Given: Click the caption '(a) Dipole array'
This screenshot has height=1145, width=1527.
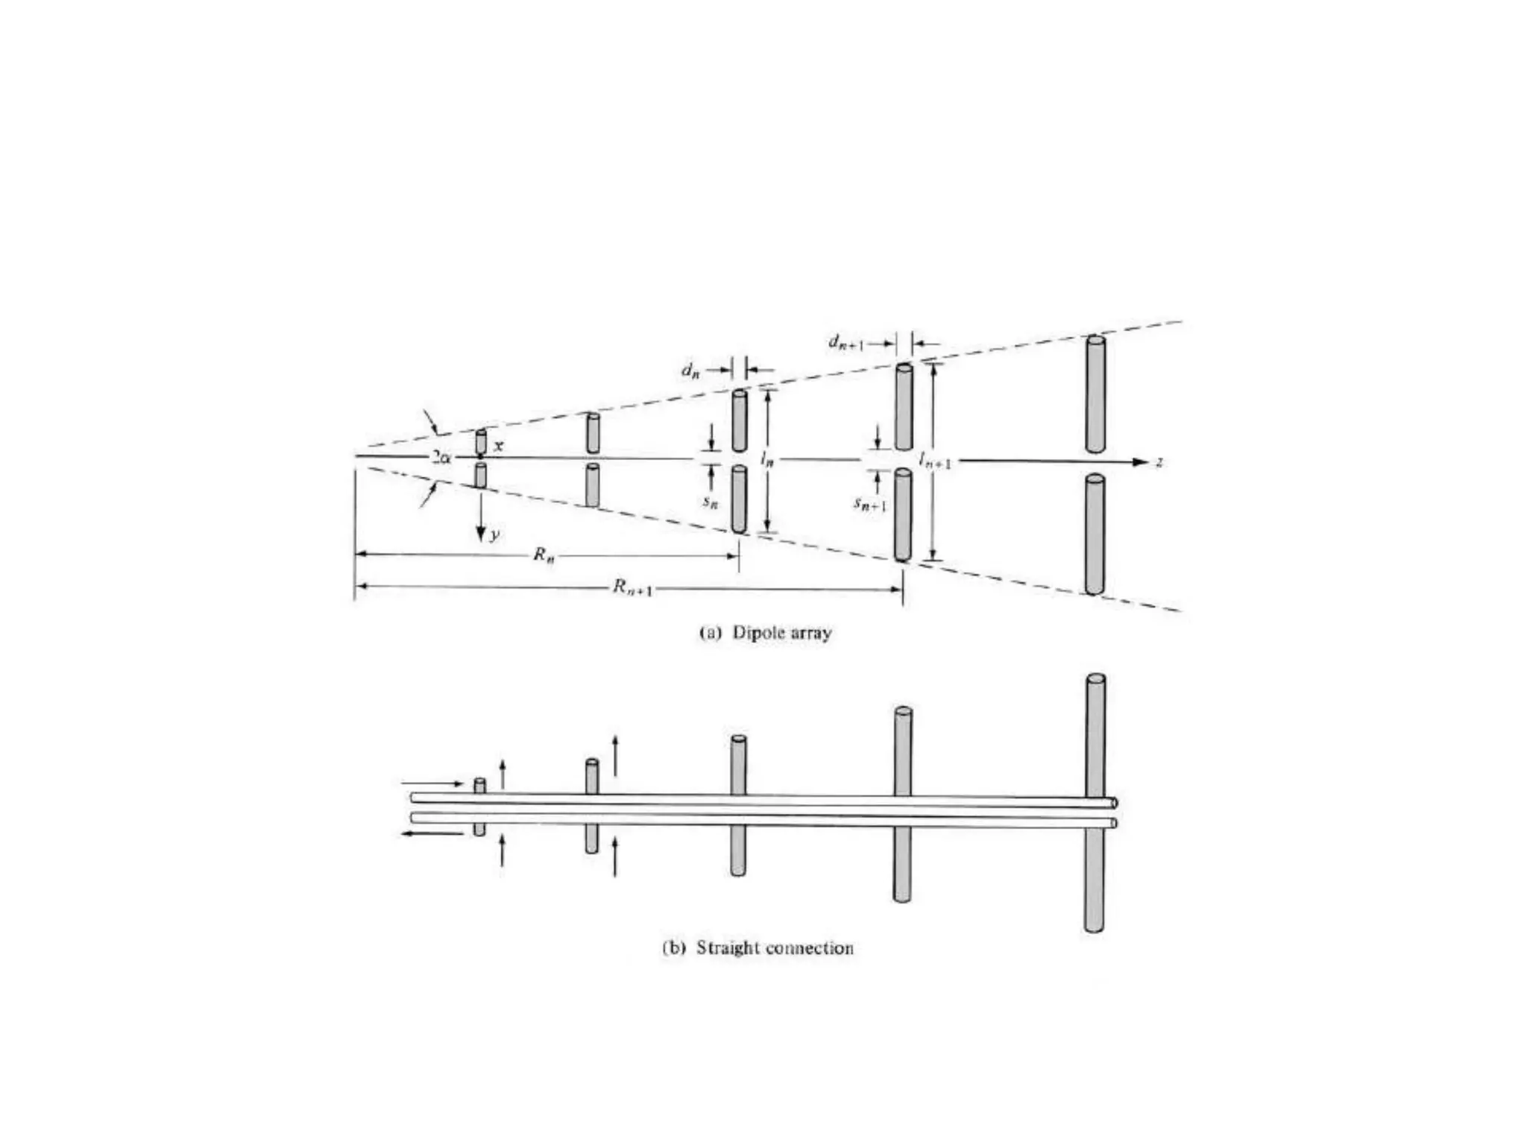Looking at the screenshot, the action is coord(765,633).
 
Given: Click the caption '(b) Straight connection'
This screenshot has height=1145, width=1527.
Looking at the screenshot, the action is coord(758,947).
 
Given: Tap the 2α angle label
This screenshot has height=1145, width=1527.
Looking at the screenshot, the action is coord(442,456).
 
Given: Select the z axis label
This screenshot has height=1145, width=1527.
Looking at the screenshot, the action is coord(1159,462).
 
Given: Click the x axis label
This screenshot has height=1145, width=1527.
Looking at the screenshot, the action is coord(499,446).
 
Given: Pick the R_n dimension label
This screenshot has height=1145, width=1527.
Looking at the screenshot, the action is coord(544,555).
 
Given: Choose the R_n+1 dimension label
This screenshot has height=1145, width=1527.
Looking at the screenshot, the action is coord(633,588).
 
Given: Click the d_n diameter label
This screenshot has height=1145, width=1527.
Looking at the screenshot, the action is coord(690,370).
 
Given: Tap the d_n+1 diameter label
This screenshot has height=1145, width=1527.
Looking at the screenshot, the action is coord(846,343).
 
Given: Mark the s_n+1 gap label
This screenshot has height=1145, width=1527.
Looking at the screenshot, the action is coord(870,504).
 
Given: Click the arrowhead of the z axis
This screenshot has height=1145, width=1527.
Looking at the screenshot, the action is coord(1141,462).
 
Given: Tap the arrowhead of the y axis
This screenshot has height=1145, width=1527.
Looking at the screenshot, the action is coord(481,534).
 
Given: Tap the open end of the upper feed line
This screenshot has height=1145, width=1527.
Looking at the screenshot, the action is coord(1114,803).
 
